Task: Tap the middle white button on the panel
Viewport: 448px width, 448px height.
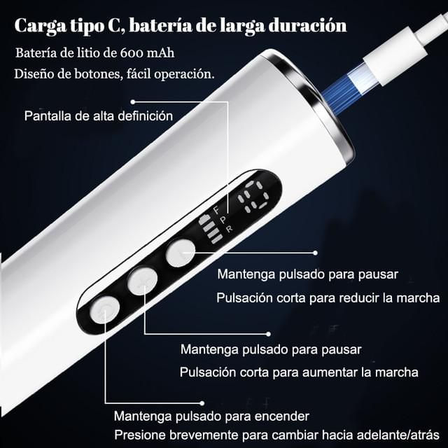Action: (x=142, y=281)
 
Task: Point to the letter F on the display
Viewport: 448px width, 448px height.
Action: (x=217, y=211)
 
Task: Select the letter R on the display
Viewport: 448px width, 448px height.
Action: (x=230, y=229)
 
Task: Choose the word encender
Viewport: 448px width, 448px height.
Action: (x=281, y=416)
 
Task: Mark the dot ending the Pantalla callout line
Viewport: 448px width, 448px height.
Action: (x=132, y=101)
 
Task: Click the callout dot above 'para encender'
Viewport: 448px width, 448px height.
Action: (x=202, y=403)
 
